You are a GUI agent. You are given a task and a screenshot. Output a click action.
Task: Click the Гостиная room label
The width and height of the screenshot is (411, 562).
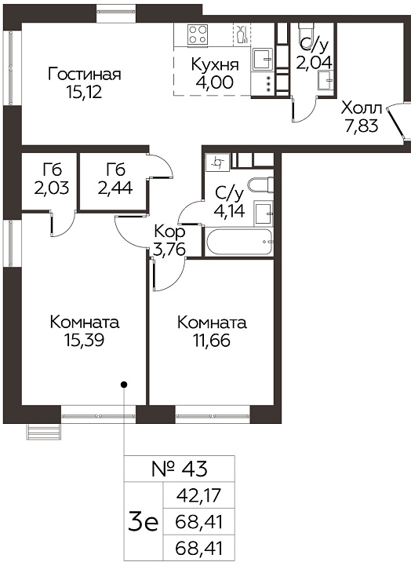click(x=85, y=75)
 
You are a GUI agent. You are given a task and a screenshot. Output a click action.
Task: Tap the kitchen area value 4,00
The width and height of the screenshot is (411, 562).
click(x=214, y=82)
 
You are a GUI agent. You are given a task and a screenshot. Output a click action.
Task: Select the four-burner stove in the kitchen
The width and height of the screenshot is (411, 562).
click(x=198, y=35)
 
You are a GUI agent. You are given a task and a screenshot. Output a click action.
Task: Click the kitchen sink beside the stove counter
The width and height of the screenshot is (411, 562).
click(x=263, y=59)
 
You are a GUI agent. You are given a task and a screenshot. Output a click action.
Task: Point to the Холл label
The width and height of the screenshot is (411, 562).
click(x=362, y=108)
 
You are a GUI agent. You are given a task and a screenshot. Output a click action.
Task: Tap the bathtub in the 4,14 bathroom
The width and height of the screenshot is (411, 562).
click(x=238, y=242)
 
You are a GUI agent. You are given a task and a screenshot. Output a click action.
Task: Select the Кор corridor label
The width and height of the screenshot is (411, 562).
click(x=169, y=232)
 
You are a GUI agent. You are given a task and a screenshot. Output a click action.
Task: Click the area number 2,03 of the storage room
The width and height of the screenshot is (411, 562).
click(x=52, y=188)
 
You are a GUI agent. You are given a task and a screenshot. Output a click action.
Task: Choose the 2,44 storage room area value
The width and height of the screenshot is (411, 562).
click(x=115, y=188)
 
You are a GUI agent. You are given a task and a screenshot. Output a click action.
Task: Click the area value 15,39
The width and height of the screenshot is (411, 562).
click(x=85, y=340)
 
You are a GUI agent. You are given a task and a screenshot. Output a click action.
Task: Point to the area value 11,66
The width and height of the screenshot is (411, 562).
click(x=212, y=340)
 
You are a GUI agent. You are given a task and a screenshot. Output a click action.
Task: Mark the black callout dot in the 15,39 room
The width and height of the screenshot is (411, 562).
click(x=124, y=385)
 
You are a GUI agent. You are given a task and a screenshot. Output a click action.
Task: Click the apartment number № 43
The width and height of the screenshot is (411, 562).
click(x=180, y=469)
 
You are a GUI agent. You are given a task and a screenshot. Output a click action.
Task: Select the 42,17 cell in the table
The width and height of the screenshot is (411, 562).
click(x=199, y=496)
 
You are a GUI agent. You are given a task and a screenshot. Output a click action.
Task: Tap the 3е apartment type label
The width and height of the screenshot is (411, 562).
click(x=143, y=522)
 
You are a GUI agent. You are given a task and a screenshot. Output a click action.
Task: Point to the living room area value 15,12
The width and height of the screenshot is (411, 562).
click(x=85, y=92)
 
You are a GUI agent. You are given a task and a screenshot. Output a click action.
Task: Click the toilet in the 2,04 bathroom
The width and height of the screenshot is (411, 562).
click(x=307, y=33)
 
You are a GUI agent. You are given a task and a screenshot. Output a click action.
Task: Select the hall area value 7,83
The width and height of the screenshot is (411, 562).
click(x=362, y=126)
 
